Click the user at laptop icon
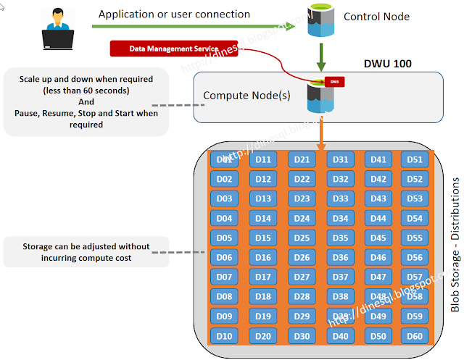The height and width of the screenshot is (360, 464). click(x=57, y=27)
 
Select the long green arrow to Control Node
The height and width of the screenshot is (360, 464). click(x=196, y=27)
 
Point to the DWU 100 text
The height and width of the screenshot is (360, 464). click(x=387, y=64)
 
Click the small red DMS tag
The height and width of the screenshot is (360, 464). click(x=334, y=83)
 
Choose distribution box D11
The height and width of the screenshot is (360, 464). click(x=263, y=160)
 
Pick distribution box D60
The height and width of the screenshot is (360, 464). click(x=414, y=336)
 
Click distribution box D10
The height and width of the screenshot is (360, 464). click(x=224, y=336)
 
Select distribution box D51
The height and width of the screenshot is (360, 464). click(x=414, y=160)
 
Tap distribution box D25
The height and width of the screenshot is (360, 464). click(x=302, y=238)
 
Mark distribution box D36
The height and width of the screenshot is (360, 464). click(x=340, y=258)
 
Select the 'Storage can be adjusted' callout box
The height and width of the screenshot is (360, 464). click(x=86, y=252)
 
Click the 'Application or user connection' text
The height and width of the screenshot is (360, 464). click(x=174, y=14)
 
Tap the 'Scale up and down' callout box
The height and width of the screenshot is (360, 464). click(x=86, y=102)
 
